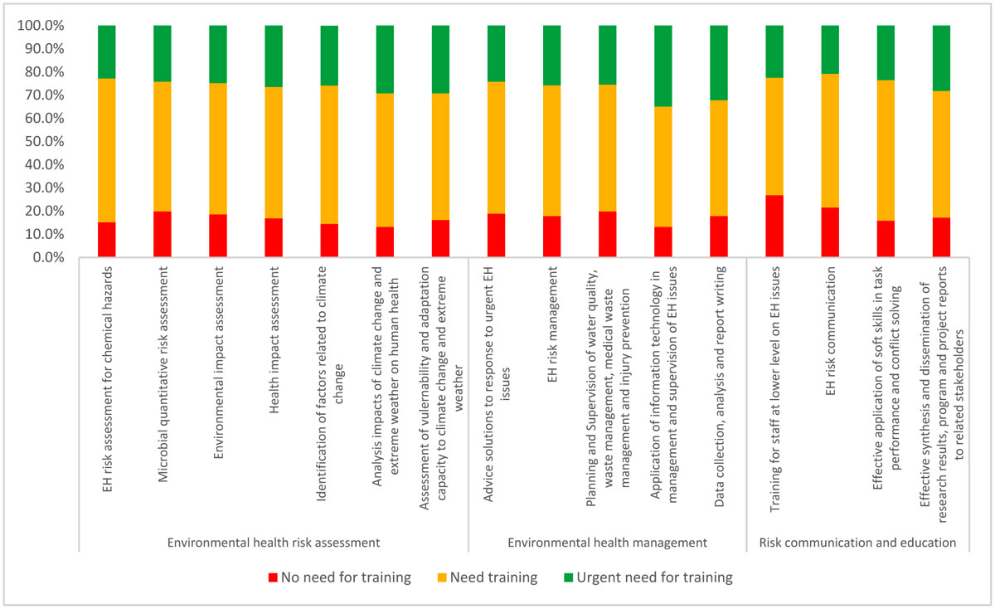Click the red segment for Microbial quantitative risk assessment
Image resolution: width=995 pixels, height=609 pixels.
163,235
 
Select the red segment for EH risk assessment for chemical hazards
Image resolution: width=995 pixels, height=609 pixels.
107,240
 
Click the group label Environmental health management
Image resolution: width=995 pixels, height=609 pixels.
607,542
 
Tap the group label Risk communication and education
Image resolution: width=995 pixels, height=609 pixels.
858,542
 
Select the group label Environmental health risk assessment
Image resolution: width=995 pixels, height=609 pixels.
274,542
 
